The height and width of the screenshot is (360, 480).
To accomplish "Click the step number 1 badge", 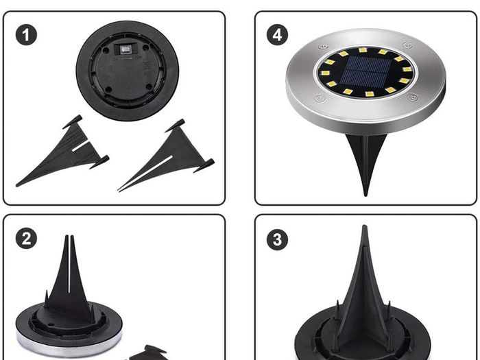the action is (26, 35).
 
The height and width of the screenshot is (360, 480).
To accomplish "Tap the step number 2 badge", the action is (26, 239).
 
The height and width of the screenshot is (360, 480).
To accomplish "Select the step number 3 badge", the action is (277, 239).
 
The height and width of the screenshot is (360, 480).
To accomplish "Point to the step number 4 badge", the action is (277, 35).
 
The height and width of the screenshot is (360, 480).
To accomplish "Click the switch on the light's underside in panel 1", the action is (125, 49).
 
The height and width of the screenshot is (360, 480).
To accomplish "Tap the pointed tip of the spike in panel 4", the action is (365, 194).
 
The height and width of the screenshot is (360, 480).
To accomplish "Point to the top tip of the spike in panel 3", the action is (364, 227).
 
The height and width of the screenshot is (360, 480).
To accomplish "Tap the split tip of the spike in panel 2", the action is (69, 237).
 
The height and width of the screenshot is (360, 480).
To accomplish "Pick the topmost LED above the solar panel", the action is (363, 49).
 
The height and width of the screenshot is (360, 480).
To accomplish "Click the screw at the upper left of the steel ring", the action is (323, 47).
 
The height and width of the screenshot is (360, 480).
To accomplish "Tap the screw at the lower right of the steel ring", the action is (412, 97).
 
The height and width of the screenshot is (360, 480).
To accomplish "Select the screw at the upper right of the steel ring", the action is (407, 45).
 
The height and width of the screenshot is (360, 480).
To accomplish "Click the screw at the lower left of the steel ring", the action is (319, 99).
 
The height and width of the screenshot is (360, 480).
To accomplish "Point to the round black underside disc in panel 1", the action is (128, 71).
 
